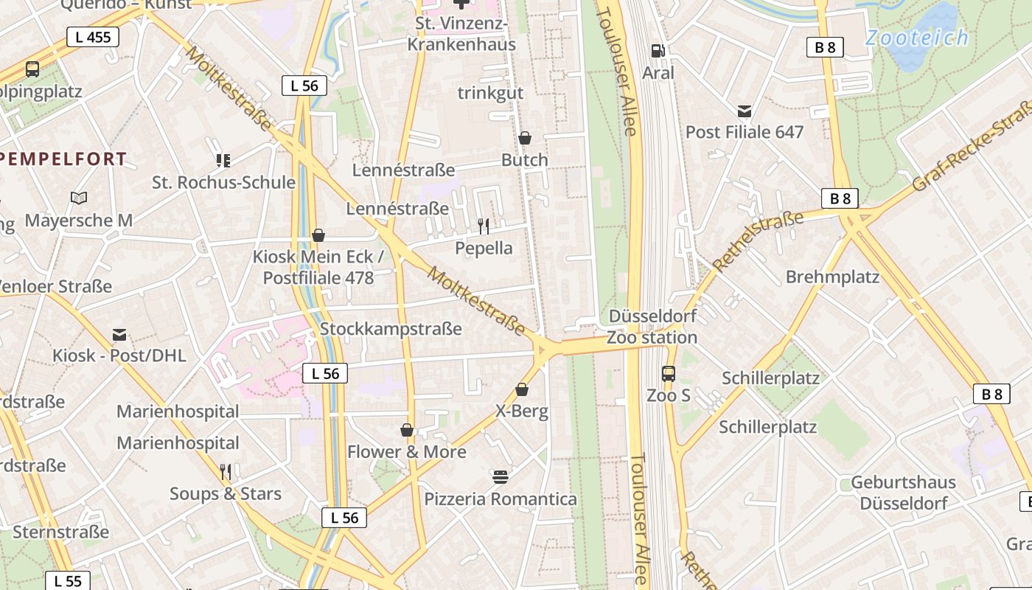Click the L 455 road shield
pyautogui.click(x=93, y=37)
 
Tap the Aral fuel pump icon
pyautogui.click(x=658, y=51)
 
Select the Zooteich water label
pyautogui.click(x=916, y=38)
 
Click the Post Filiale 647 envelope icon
pyautogui.click(x=745, y=111)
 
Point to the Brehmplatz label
pyautogui.click(x=832, y=277)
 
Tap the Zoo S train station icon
pyautogui.click(x=668, y=374)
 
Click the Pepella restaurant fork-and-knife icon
pyautogui.click(x=484, y=226)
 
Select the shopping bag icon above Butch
pyautogui.click(x=525, y=138)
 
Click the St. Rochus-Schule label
pyautogui.click(x=223, y=182)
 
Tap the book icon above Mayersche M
pyautogui.click(x=79, y=198)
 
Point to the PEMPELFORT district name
pyautogui.click(x=63, y=159)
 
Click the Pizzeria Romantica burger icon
pyautogui.click(x=501, y=477)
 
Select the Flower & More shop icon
pyautogui.click(x=406, y=430)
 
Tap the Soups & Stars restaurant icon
pyautogui.click(x=226, y=471)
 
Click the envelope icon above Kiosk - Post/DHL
pyautogui.click(x=119, y=335)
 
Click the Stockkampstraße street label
pyautogui.click(x=391, y=329)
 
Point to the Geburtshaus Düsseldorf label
pyautogui.click(x=903, y=493)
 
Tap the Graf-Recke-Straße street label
pyautogui.click(x=972, y=147)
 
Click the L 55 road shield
pyautogui.click(x=68, y=581)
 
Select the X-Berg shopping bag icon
pyautogui.click(x=522, y=389)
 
